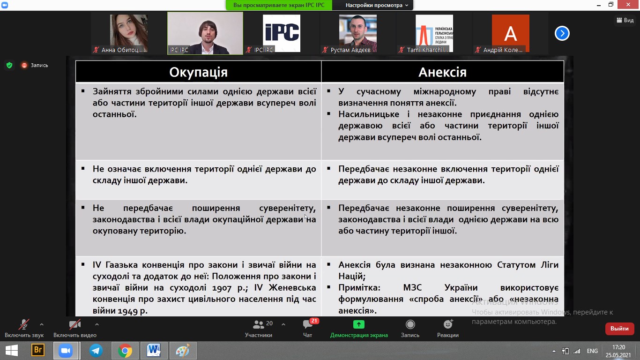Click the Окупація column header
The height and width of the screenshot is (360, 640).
click(198, 72)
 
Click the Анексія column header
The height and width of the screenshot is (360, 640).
click(442, 72)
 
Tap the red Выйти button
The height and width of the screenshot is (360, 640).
click(619, 329)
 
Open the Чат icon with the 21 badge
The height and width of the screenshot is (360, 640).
click(308, 324)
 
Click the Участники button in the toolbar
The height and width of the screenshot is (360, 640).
click(259, 328)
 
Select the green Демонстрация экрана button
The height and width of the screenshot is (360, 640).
click(359, 328)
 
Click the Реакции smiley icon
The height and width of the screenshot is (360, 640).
click(448, 324)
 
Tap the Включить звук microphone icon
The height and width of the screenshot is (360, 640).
click(24, 324)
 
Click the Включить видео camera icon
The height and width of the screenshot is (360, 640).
click(74, 324)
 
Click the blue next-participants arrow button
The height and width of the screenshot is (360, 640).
click(562, 33)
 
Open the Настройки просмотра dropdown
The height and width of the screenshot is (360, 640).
click(377, 5)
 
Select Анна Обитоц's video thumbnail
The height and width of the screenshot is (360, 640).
click(128, 33)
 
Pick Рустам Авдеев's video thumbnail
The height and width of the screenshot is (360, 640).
click(357, 33)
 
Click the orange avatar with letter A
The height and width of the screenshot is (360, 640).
click(510, 33)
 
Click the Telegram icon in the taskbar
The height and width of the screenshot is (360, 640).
click(96, 351)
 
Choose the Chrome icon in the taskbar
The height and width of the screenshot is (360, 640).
click(125, 351)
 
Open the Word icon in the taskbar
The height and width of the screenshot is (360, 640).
click(154, 351)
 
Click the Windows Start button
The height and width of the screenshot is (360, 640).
click(12, 351)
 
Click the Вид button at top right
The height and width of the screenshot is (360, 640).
click(625, 20)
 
